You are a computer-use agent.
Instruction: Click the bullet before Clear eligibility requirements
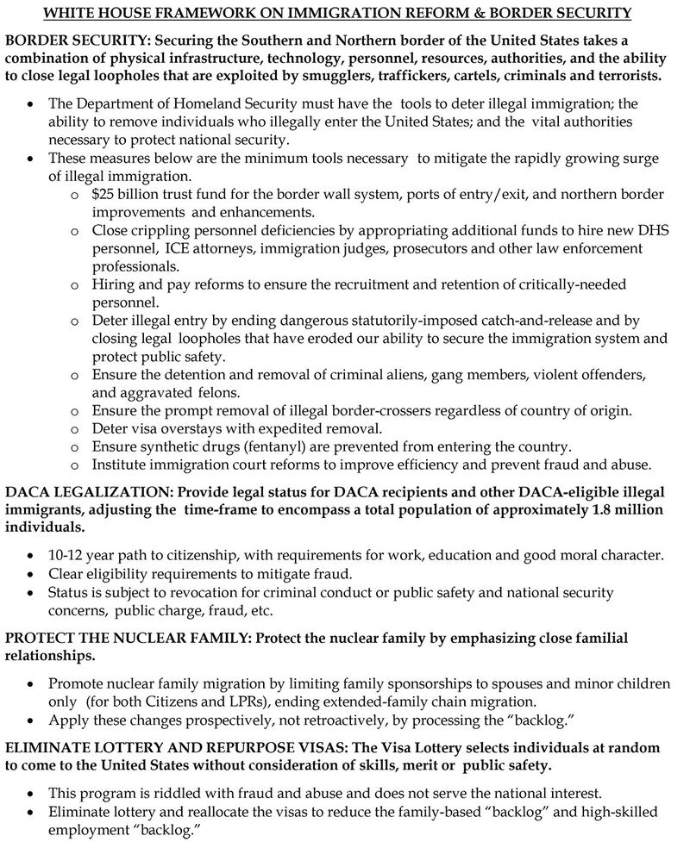(x=32, y=575)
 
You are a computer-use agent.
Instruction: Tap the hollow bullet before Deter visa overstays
(x=74, y=428)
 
